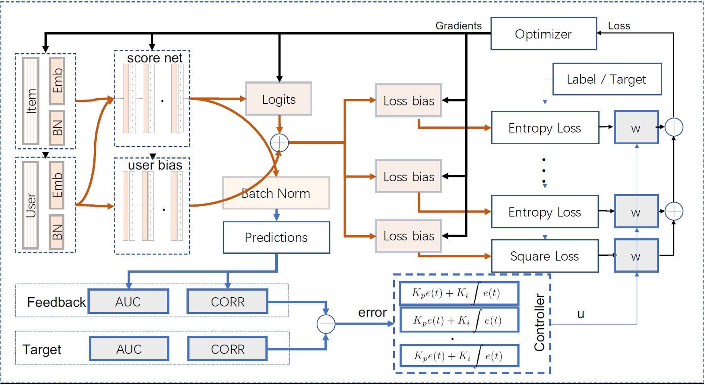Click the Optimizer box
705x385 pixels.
543,34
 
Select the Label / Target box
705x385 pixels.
606,79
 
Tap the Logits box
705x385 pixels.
278,99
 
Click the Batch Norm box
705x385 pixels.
276,193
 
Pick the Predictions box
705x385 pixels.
276,238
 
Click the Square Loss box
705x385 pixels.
544,256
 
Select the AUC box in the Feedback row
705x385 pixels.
128,302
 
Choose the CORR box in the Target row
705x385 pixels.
227,349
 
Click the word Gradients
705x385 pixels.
458,26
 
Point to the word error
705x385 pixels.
372,313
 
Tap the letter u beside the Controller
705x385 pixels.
580,314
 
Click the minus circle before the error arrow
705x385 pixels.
326,324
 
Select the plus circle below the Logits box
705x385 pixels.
279,143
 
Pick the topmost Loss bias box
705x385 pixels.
408,101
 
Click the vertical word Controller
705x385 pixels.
539,322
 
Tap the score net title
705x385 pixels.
155,58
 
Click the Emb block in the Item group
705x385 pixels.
57,81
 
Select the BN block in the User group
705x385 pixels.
57,232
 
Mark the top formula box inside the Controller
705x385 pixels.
459,293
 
